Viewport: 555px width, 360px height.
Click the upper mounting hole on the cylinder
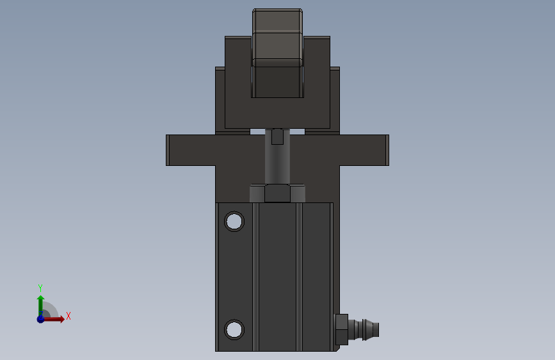tap(234, 222)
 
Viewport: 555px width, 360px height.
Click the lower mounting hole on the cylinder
tap(234, 329)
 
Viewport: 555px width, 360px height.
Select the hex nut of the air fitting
tap(341, 329)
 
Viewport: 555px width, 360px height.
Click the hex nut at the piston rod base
tap(278, 193)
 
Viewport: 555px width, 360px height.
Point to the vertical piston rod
tap(278, 156)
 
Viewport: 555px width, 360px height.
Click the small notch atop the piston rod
tap(278, 137)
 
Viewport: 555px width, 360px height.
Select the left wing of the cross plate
tap(191, 150)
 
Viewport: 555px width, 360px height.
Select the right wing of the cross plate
tap(364, 150)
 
